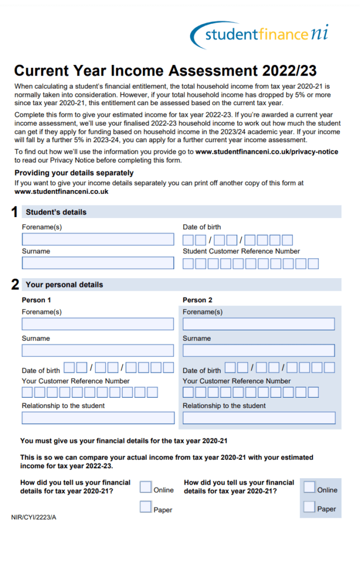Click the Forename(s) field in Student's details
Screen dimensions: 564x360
coord(97,239)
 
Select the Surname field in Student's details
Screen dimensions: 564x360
coord(97,263)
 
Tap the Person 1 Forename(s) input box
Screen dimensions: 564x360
coord(97,324)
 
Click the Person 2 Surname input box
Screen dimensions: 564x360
coord(259,350)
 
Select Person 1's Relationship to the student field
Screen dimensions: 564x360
coord(97,417)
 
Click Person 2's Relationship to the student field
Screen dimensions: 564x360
coord(259,417)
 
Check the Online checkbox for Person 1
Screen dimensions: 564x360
coord(145,487)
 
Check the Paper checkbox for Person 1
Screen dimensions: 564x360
coord(145,507)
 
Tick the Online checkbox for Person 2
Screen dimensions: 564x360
coord(309,487)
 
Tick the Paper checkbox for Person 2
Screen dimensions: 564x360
coord(309,507)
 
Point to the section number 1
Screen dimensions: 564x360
coord(15,212)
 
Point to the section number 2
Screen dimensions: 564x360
coord(15,285)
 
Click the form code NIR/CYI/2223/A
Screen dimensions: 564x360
coord(34,518)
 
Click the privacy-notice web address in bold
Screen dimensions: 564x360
coord(266,151)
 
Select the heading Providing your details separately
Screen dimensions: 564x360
coord(74,173)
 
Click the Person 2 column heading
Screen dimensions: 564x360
coord(197,300)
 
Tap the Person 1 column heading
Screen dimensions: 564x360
coord(36,300)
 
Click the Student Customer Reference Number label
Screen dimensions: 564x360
coord(241,251)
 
